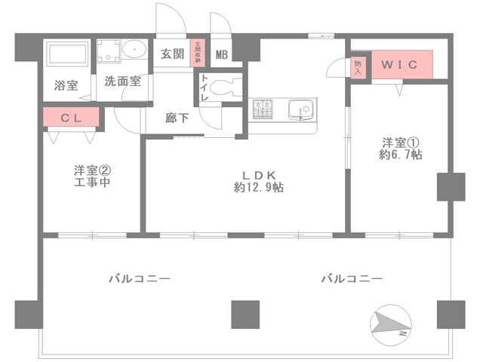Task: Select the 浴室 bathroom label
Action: tap(65, 85)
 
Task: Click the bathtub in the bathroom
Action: tap(69, 55)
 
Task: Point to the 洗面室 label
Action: tap(122, 81)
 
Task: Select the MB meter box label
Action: tap(222, 54)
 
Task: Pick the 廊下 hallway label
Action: tap(179, 118)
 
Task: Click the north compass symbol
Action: tap(391, 324)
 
